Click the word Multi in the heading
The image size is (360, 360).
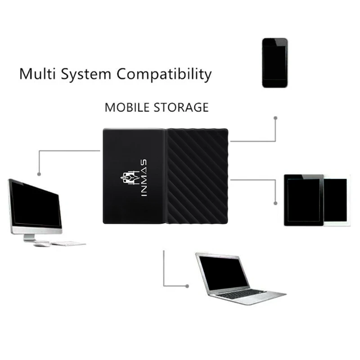pyautogui.click(x=36, y=73)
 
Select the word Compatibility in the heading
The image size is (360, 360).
pyautogui.click(x=164, y=74)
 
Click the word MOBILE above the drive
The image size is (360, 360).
pyautogui.click(x=128, y=107)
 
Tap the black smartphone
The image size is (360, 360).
pyautogui.click(x=274, y=63)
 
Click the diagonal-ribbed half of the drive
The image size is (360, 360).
pyautogui.click(x=197, y=175)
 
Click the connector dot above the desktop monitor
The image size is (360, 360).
pyautogui.click(x=39, y=173)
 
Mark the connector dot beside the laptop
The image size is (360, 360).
pyautogui.click(x=188, y=285)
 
